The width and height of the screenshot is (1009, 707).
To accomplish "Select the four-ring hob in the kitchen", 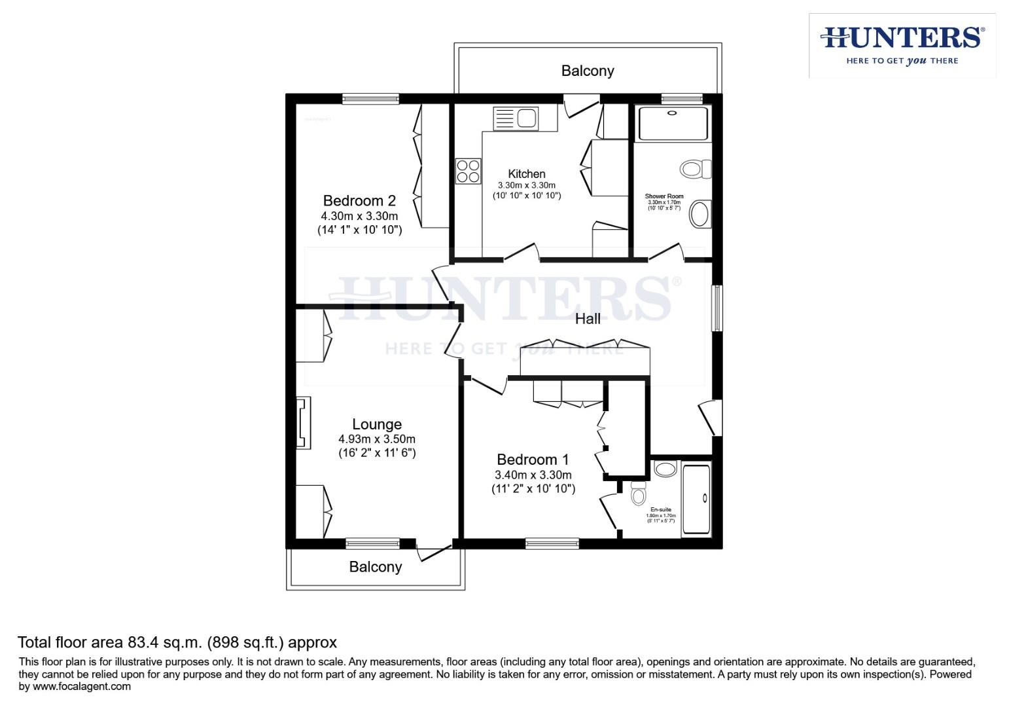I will coord(468,172).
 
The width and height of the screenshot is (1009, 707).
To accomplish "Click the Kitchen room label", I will coord(526,173).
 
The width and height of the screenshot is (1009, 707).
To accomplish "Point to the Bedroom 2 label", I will coord(359,200).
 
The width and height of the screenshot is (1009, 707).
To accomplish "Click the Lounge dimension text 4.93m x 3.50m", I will coord(376,439).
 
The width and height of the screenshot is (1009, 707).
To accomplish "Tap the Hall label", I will coord(588,319).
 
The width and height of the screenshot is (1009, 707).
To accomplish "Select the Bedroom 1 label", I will coord(532,460).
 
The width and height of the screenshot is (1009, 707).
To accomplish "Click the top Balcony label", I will coord(587,71).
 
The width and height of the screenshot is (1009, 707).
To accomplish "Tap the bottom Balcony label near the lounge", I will coord(375,567).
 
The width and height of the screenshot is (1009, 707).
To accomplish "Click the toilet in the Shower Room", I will coord(695,169).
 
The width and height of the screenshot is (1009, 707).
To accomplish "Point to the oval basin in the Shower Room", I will coord(701,213).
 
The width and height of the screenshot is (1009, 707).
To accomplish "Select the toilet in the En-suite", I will coord(638,494).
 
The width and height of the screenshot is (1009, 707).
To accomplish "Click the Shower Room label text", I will coord(664,196).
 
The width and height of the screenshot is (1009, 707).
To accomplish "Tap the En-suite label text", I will coord(660,509).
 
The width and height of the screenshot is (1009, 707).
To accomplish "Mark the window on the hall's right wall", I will coord(717,308).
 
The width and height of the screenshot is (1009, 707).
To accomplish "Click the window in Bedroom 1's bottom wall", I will coord(552,543).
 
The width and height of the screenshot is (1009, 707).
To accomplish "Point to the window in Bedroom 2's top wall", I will coord(370,99).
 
